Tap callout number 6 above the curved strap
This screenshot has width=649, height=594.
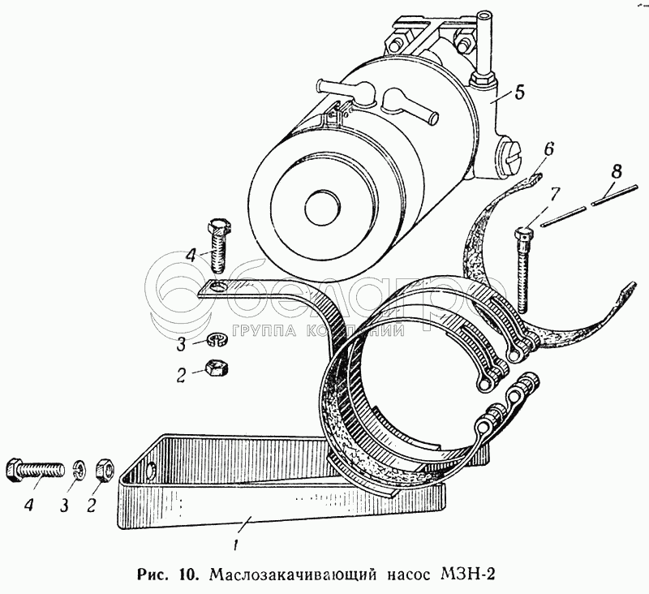pos(549,148)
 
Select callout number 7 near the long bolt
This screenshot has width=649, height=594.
pos(554,195)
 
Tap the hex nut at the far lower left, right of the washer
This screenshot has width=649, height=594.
pos(105,469)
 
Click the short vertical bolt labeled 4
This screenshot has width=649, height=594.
pos(217,246)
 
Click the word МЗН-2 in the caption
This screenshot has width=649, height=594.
pos(463,575)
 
